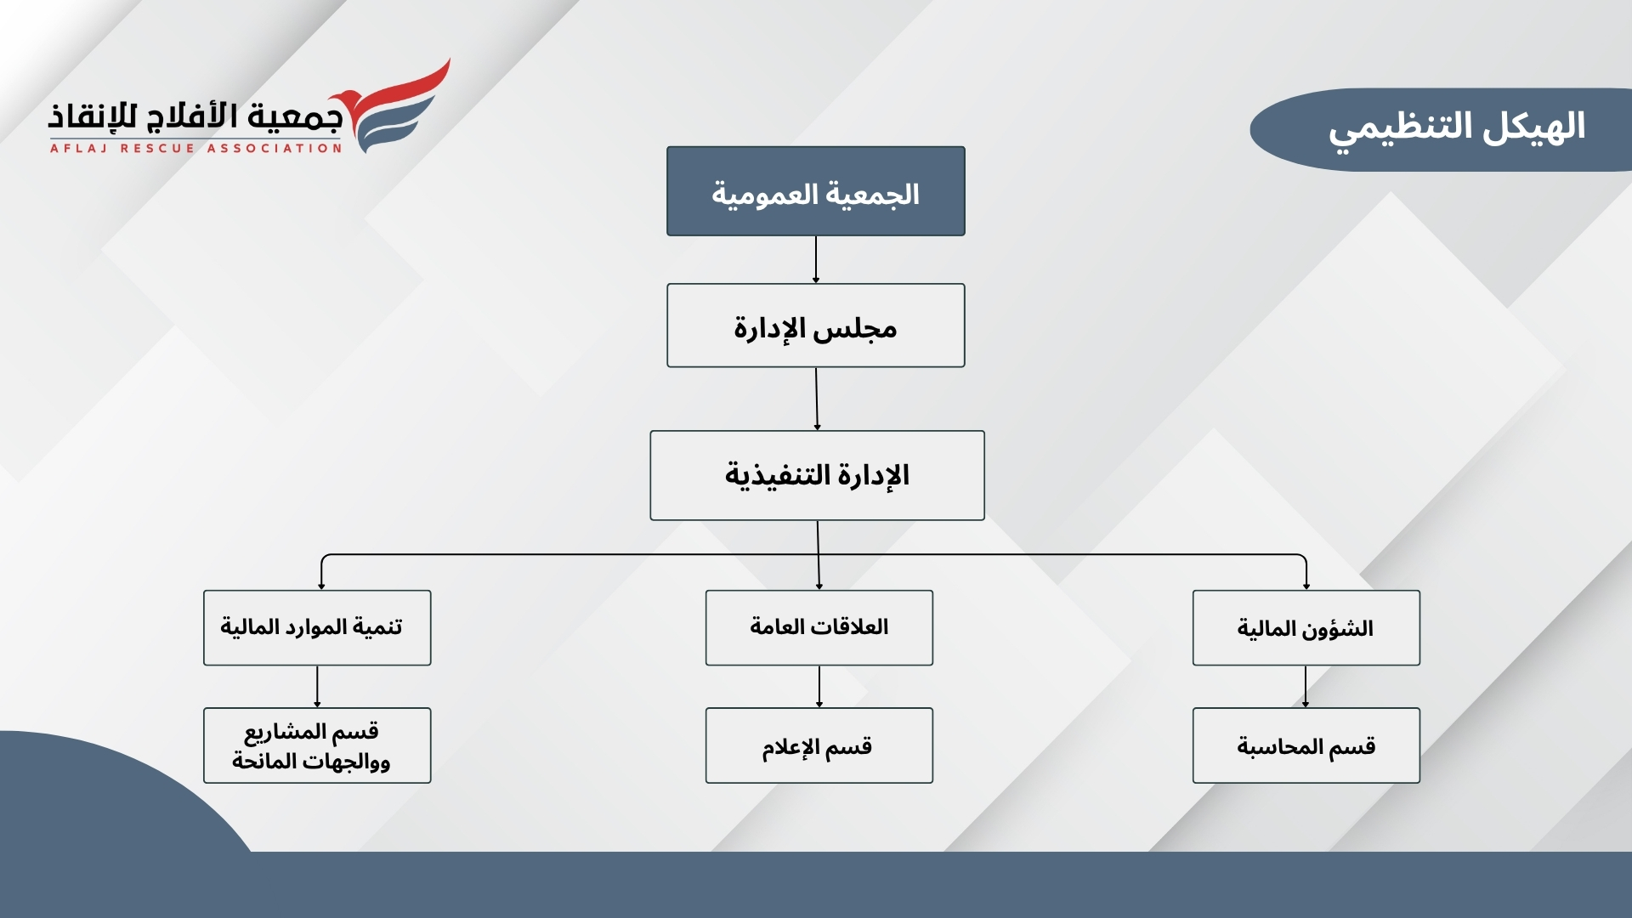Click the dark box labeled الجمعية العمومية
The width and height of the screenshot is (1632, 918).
point(816,191)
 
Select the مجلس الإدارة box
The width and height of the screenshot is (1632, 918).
point(816,326)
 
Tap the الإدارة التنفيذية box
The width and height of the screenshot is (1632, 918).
point(817,475)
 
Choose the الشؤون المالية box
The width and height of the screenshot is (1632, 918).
point(1306,628)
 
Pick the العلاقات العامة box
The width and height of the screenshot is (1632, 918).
point(819,628)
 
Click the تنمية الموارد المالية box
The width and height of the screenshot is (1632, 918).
point(317,628)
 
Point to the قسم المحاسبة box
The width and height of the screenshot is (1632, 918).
point(1306,745)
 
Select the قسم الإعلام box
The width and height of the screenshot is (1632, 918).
point(819,745)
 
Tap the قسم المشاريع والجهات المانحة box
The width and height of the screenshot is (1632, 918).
point(317,745)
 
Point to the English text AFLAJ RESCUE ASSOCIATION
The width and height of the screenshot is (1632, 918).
point(195,148)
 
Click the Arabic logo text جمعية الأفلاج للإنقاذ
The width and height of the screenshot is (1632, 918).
point(195,116)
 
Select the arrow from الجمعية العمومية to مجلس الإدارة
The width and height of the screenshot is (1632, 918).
point(816,260)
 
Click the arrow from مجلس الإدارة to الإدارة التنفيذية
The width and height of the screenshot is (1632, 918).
point(817,399)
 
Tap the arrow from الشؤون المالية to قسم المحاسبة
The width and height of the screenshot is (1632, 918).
point(1306,687)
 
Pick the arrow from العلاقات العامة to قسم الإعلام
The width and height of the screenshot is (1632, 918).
point(819,687)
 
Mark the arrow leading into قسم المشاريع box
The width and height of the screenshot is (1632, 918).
point(317,687)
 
